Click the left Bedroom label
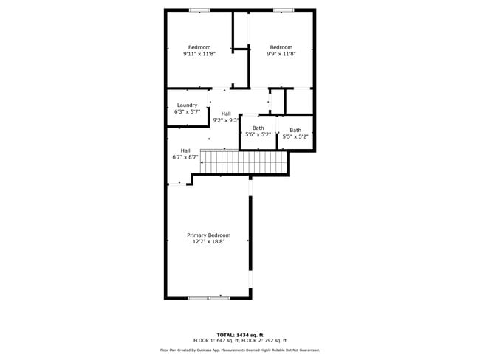[199, 47]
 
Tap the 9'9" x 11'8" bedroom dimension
[281, 54]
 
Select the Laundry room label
[187, 105]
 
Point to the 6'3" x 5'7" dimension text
[187, 112]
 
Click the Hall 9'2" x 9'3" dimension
[225, 120]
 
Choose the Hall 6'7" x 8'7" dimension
[185, 157]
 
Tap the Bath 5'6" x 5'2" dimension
[258, 135]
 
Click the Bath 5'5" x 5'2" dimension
[295, 136]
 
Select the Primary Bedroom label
[208, 235]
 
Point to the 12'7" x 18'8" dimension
[208, 242]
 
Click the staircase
[243, 162]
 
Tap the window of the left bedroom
[199, 10]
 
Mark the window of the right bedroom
[284, 10]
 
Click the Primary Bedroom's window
[208, 297]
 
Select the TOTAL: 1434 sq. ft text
[240, 334]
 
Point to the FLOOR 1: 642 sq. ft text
[216, 340]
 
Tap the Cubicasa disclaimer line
[240, 350]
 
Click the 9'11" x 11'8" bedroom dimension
[199, 54]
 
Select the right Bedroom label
[281, 47]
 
